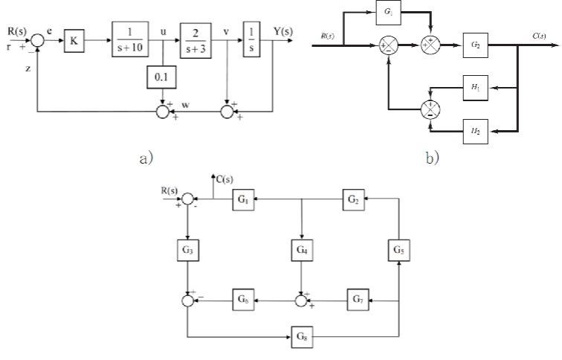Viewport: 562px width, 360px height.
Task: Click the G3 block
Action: click(188, 250)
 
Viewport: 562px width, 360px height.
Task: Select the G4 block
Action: click(301, 250)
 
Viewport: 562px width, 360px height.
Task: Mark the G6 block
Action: click(245, 301)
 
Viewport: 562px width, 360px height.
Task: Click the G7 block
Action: click(358, 301)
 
